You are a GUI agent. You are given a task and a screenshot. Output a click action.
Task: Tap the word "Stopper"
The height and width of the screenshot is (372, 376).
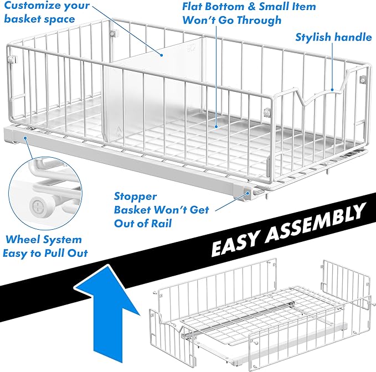[135, 196]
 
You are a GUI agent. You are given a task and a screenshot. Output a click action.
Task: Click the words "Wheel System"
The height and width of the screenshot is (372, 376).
[44, 240]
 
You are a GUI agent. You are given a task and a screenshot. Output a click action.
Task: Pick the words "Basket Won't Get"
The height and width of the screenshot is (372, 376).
[153, 210]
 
